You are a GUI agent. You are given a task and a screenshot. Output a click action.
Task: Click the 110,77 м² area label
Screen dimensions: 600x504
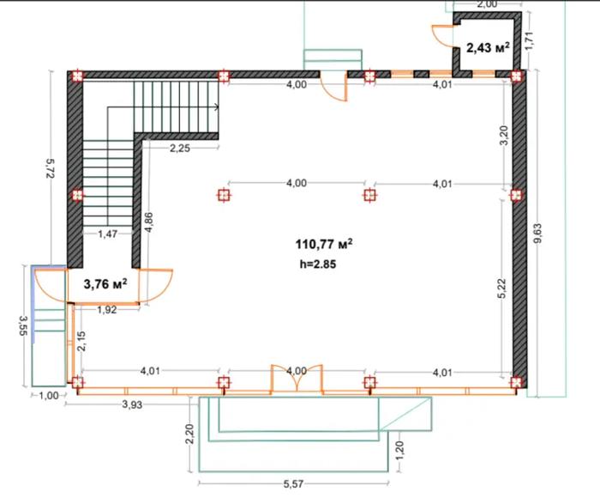point(324,244)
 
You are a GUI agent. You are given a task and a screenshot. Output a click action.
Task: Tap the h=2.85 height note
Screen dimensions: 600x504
point(318,264)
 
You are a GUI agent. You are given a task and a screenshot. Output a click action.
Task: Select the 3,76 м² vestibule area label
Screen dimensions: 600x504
point(105,284)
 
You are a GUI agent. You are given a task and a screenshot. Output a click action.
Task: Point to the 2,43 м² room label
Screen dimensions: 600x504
point(488,48)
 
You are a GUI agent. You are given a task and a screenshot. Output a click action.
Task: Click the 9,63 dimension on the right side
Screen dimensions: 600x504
point(538,233)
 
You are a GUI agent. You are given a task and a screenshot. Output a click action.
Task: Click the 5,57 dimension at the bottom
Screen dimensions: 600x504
point(293,484)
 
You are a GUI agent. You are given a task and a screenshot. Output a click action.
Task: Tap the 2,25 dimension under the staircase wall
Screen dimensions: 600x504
point(180,148)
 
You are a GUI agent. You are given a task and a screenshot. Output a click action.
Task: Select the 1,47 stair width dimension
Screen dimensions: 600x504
point(107,234)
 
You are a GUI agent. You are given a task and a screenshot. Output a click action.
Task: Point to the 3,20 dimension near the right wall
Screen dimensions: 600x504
point(504,136)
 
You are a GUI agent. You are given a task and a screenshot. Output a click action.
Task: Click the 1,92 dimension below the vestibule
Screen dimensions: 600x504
point(107,310)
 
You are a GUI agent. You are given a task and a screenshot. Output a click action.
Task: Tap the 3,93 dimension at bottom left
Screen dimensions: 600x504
point(132,404)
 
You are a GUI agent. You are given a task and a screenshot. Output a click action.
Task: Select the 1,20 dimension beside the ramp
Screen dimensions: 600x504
point(399,452)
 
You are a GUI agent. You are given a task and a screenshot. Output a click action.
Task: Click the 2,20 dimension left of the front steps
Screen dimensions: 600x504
point(189,434)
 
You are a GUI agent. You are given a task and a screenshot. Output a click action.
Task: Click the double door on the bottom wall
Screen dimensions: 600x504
point(297,378)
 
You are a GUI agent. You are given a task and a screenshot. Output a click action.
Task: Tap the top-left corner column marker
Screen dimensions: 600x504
point(77,76)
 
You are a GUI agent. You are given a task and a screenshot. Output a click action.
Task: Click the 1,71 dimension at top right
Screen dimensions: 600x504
point(529,40)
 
